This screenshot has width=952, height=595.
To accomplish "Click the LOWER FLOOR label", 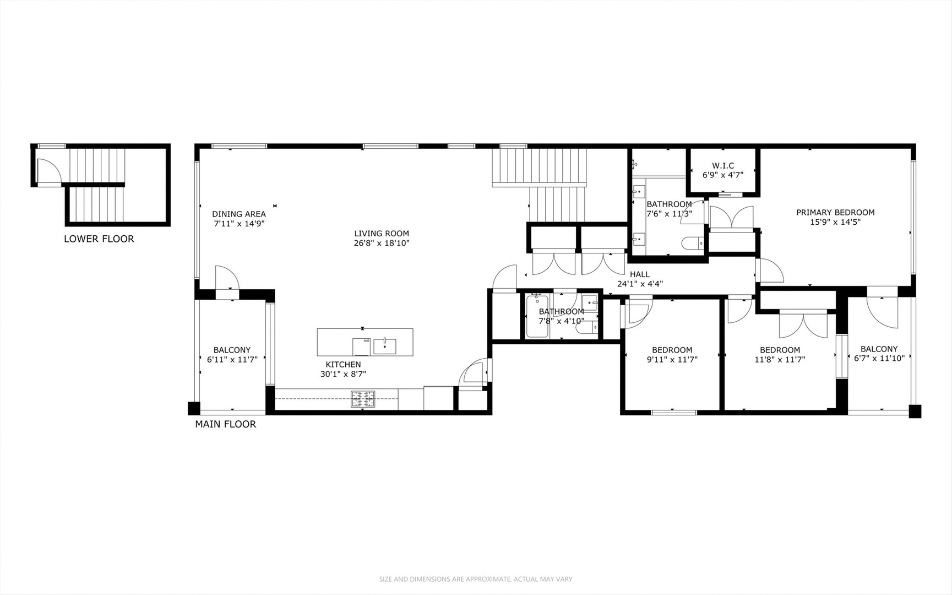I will coord(99,239).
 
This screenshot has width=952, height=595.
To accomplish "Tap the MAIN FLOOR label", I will coord(225,424).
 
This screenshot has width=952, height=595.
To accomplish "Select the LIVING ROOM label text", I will coord(382,234).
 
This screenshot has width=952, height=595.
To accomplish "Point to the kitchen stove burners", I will coord(363,399).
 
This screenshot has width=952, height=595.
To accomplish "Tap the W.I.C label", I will coord(722,166).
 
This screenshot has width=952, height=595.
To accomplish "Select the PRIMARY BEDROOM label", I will coord(835,213).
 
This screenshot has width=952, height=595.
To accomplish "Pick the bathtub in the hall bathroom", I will coord(537,317).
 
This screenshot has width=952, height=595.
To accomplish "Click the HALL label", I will coord(639,274).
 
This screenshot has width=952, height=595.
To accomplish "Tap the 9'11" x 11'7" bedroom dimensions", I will coord(672,360).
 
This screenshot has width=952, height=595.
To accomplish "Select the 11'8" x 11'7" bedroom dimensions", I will coord(779,360).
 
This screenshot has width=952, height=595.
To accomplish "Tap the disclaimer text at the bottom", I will coord(475,579).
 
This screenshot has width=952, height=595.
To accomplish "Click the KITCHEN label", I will coord(343,365).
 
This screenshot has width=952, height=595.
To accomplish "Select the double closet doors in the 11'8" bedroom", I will coord(803,325).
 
